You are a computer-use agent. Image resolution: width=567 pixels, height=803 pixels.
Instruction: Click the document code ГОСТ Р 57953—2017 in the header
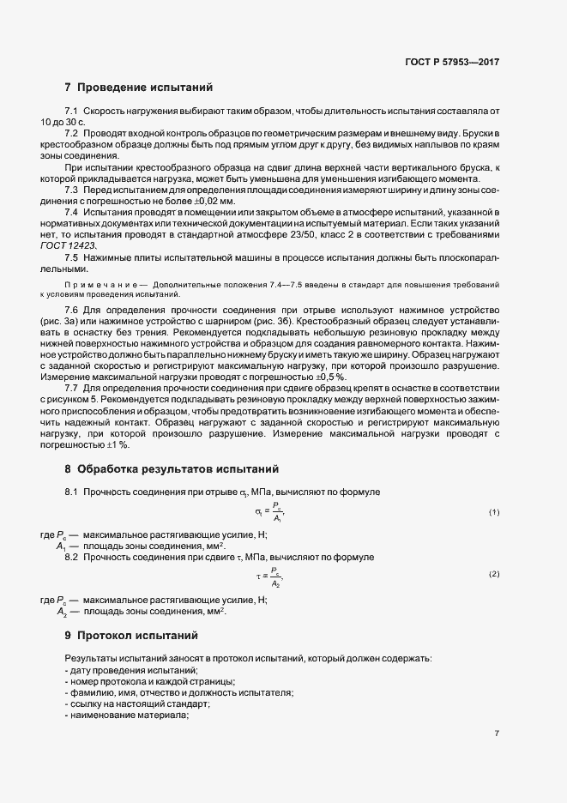[451, 63]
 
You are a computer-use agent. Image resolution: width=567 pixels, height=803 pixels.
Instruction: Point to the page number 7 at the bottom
[497, 734]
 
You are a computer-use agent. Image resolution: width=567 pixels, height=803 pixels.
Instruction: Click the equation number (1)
[494, 512]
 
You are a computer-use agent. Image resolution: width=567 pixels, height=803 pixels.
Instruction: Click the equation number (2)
[494, 573]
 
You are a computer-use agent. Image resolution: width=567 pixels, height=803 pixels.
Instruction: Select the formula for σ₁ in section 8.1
[269, 512]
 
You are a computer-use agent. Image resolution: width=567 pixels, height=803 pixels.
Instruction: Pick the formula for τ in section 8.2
[269, 574]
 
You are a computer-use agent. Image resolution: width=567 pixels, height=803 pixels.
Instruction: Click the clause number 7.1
[72, 112]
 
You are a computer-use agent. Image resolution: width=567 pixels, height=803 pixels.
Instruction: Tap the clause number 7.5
[72, 257]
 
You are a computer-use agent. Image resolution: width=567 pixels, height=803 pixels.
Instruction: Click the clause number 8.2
[72, 558]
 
